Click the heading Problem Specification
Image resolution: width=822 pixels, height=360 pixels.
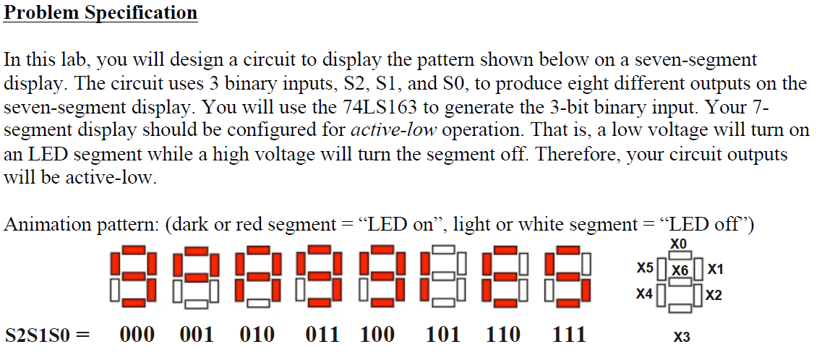(x=100, y=13)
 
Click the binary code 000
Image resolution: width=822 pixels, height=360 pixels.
(x=137, y=334)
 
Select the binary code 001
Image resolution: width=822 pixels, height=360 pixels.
(x=197, y=334)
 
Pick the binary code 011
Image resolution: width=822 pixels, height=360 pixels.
(x=322, y=334)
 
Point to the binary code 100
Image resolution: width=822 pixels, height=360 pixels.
(x=378, y=334)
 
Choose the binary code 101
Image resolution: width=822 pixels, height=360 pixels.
(x=442, y=334)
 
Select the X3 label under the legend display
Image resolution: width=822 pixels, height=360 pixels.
(x=680, y=337)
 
